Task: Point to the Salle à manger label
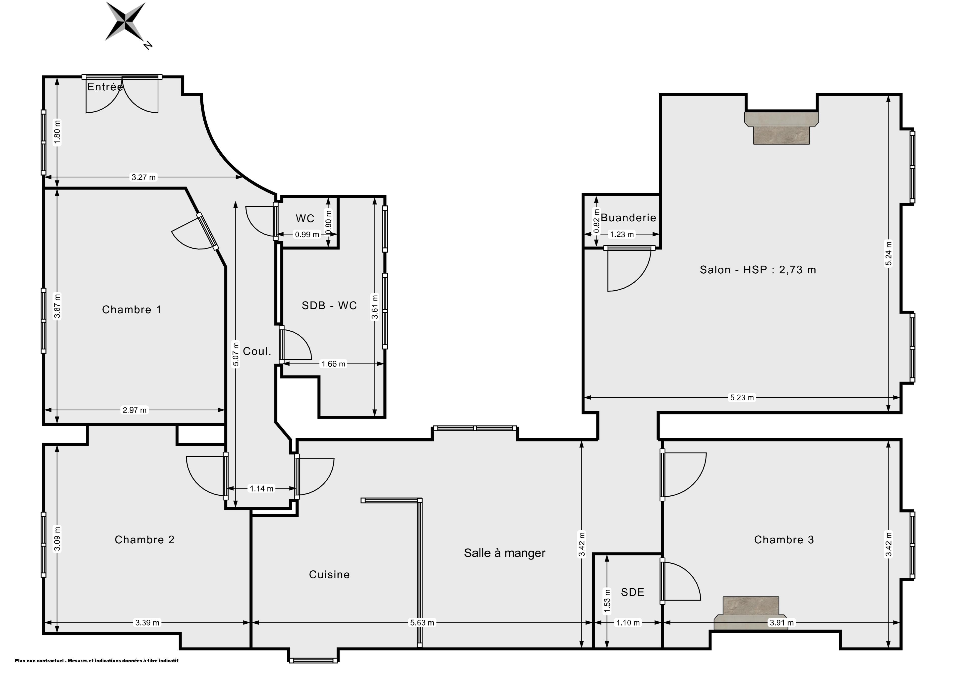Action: [x=505, y=553]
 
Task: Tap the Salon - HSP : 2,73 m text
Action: [x=758, y=270]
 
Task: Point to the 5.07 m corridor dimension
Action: [x=236, y=354]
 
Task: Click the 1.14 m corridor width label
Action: [x=261, y=489]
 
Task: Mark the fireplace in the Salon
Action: [x=781, y=128]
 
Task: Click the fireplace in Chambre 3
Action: [x=750, y=613]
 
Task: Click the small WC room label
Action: [x=305, y=218]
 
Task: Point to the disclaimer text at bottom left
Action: [x=97, y=661]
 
